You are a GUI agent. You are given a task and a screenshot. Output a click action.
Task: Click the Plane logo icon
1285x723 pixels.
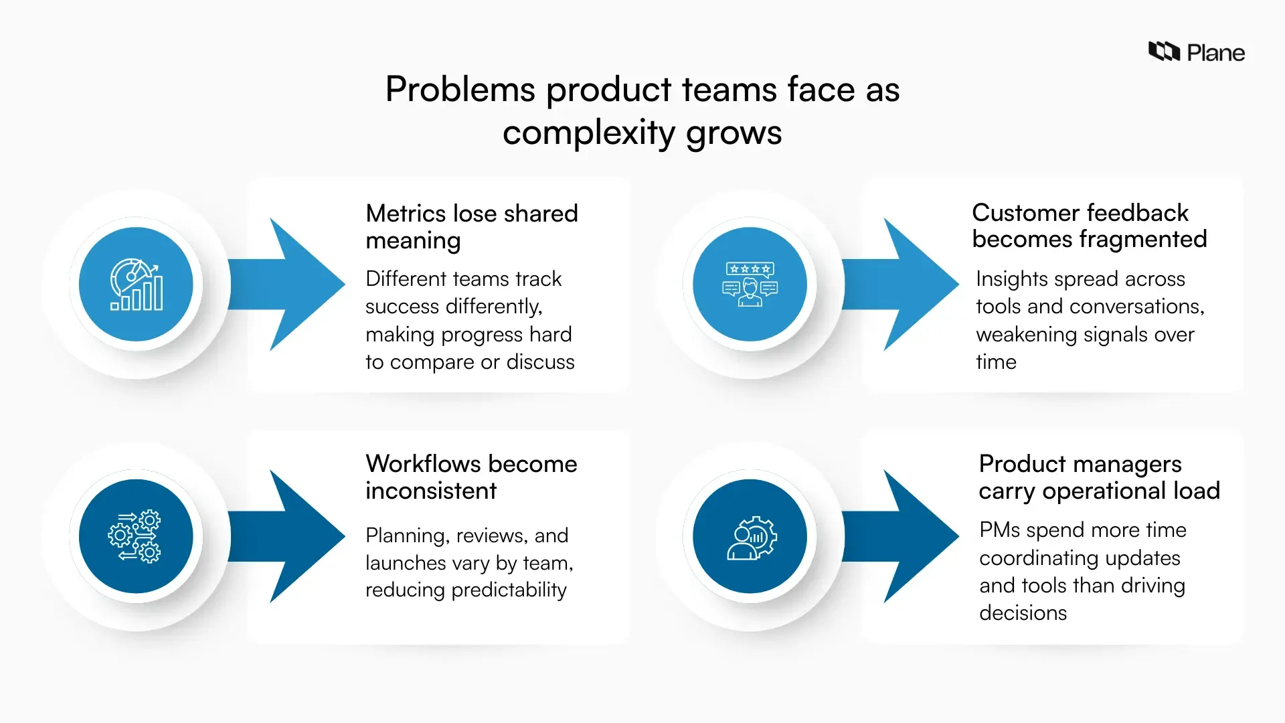pos(1164,52)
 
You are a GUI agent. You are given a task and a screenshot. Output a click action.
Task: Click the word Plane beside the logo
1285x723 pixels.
pos(1215,53)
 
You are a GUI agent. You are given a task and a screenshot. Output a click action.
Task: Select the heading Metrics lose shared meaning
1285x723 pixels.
pos(471,226)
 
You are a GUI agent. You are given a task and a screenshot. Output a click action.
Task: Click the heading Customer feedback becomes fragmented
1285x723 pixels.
pos(1089,226)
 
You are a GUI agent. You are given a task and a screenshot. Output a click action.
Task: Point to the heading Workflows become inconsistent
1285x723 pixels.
pos(471,477)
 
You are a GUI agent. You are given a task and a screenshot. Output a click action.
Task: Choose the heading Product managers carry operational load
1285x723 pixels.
pos(1099,477)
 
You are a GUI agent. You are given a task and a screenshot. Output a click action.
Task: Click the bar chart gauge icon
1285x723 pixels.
pos(136,285)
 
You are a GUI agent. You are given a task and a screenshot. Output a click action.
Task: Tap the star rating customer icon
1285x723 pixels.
pos(750,285)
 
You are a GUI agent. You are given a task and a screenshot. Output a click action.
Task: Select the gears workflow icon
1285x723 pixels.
pos(135,536)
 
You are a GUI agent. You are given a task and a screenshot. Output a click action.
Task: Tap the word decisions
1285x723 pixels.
pos(1023,613)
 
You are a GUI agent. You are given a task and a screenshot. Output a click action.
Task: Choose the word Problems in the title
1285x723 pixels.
pos(460,90)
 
